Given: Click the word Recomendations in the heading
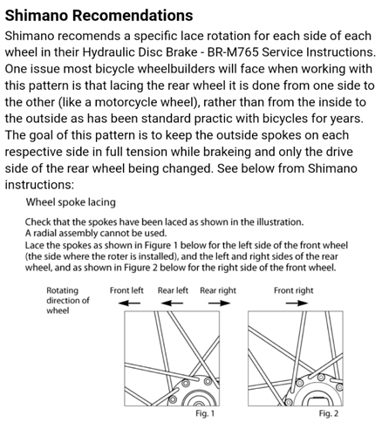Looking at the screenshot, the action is [133, 15].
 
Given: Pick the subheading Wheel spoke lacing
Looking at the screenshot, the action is [71, 202].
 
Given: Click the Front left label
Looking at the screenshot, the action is [126, 290].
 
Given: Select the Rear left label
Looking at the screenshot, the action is [173, 290].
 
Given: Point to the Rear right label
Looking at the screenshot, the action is [218, 290].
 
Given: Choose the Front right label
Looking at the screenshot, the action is [294, 290].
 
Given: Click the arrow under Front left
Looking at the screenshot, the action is [129, 303].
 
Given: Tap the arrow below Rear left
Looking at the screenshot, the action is [172, 303].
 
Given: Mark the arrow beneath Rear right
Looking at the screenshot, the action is [219, 303].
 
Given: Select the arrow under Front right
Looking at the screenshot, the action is [297, 303].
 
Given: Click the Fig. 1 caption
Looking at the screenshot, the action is [205, 413].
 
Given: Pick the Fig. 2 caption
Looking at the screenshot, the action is [329, 413].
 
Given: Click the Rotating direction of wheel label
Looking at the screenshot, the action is [68, 300].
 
